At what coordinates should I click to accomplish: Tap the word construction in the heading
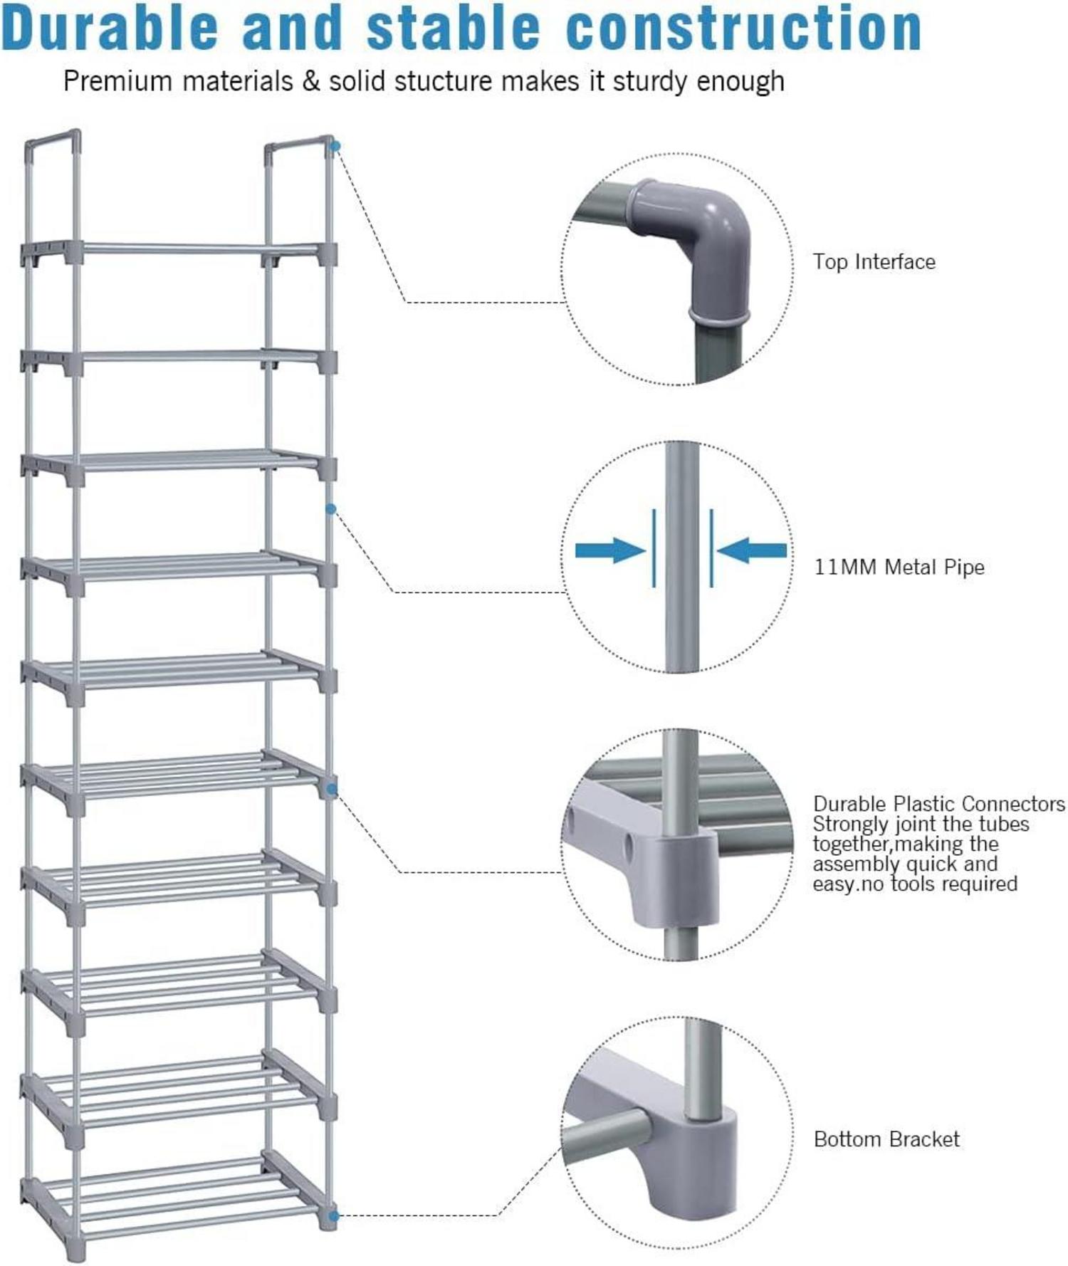[x=743, y=28]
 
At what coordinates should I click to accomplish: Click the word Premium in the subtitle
[x=117, y=81]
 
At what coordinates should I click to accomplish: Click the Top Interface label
[x=874, y=262]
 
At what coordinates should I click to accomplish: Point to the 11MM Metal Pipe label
[x=899, y=567]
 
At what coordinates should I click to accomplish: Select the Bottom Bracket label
[x=886, y=1139]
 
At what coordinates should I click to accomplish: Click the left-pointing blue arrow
[x=752, y=550]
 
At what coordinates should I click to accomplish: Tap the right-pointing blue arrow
[x=609, y=550]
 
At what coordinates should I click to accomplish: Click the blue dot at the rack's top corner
[x=335, y=146]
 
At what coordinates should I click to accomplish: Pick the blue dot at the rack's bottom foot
[x=333, y=1215]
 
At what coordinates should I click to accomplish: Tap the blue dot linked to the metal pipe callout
[x=331, y=509]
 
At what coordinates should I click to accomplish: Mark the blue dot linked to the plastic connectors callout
[x=332, y=789]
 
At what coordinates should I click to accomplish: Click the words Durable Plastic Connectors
[x=938, y=804]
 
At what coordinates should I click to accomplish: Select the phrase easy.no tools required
[x=914, y=884]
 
